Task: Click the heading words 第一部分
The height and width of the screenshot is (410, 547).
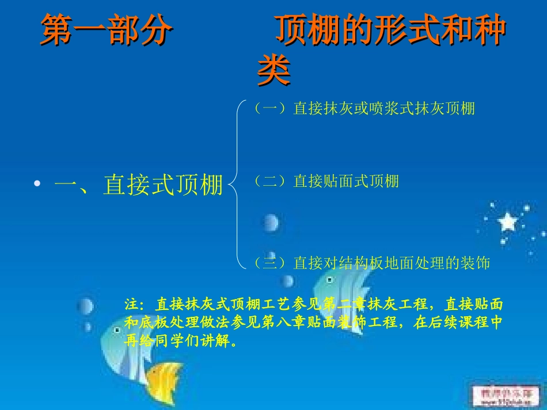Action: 106,30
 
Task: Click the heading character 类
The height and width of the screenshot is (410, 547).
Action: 273,71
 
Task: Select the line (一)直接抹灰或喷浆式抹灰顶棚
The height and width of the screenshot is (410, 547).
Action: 364,108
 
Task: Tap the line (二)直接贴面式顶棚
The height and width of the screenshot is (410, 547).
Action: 326,182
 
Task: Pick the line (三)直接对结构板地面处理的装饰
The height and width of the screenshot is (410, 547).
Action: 371,263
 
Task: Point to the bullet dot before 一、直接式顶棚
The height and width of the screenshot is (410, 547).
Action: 38,185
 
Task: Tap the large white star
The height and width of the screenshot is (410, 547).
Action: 507,221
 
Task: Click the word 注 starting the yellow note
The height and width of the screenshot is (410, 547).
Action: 131,304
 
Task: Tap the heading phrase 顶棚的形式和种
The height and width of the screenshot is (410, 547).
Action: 390,30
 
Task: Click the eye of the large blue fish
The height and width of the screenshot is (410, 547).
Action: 329,280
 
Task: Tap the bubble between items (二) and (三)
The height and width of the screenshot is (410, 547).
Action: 270,222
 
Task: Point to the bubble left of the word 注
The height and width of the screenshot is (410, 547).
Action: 86,306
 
